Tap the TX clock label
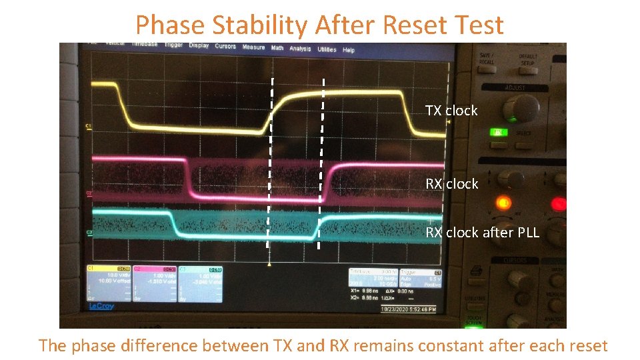(451, 111)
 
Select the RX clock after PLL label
(482, 233)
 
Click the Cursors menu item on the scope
(225, 46)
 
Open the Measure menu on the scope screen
(253, 47)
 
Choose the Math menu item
(277, 48)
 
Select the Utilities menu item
(327, 49)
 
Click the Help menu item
(349, 50)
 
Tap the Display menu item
(199, 45)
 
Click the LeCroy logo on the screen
(101, 306)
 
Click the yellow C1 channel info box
(109, 283)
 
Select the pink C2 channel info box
(155, 283)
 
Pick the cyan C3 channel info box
(200, 283)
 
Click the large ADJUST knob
(521, 107)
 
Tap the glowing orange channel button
(504, 201)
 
